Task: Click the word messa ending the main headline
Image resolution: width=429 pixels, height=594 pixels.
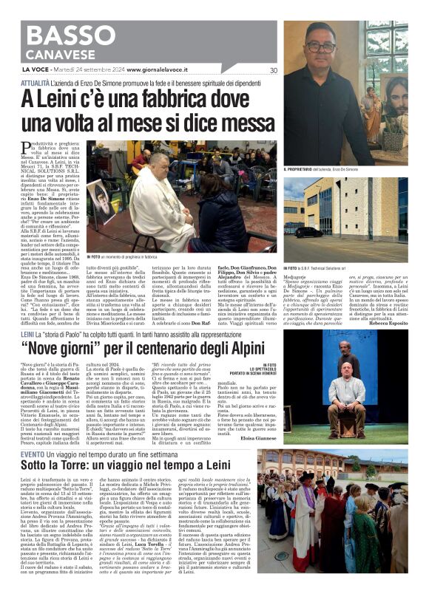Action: (235, 122)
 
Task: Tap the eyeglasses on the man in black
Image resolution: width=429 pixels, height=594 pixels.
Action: (321, 47)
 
